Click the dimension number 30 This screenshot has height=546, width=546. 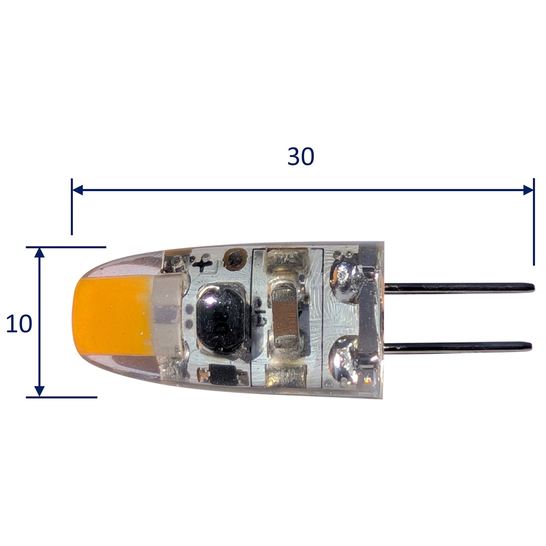tap(301, 157)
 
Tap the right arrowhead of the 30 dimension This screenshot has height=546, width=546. tap(528, 190)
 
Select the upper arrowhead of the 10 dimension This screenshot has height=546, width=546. tap(40, 253)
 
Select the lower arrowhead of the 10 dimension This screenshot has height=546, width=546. tap(40, 391)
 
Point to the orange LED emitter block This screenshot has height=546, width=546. tap(113, 316)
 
